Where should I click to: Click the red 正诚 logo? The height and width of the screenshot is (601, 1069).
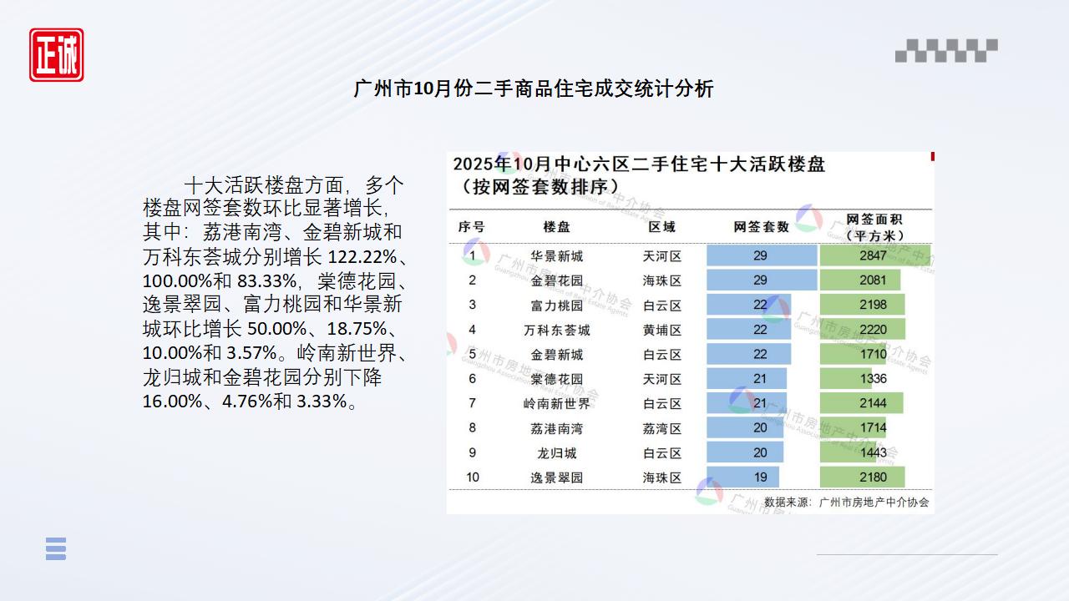click(57, 55)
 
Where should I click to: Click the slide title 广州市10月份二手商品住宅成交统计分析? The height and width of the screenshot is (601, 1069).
click(534, 88)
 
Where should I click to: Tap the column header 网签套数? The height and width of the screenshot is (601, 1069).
click(761, 227)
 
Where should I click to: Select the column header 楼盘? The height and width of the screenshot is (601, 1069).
click(556, 227)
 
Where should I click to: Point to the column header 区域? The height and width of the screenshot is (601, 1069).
click(661, 227)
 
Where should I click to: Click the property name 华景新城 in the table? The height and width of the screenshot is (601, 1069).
click(556, 256)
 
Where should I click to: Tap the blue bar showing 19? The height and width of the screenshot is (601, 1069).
click(743, 477)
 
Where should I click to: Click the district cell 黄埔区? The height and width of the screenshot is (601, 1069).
click(661, 330)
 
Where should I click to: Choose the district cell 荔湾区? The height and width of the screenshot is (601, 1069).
click(661, 428)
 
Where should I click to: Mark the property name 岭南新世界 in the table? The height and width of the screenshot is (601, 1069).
click(556, 403)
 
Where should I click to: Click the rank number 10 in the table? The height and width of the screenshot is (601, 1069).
click(473, 477)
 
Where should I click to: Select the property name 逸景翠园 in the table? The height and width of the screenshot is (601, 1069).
click(556, 477)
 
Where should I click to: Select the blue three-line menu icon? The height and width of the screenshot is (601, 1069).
click(56, 548)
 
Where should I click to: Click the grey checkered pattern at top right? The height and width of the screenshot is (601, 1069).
click(946, 51)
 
